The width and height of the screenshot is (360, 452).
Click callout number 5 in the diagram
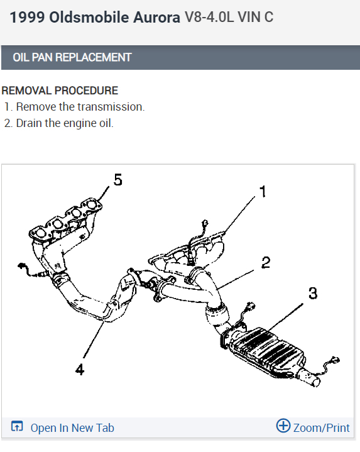point(118,180)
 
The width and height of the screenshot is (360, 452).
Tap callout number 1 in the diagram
point(263,191)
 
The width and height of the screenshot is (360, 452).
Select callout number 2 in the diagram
point(266,262)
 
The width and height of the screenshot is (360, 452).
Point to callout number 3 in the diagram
point(313,293)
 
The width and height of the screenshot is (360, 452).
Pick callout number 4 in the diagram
point(80,369)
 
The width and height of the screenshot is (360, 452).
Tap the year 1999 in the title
point(27,18)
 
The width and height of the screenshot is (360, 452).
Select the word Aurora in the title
point(156,18)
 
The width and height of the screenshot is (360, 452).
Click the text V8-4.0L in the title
point(209,17)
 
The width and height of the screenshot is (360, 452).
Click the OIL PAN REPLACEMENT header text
point(72,57)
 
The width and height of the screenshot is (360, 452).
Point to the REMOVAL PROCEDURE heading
point(60,91)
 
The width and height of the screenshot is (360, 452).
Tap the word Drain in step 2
point(29,123)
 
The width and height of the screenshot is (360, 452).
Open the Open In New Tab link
point(72,427)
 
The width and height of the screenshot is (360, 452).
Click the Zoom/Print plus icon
point(283,426)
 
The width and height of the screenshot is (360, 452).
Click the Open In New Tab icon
point(17,426)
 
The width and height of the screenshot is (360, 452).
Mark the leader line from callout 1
point(240,214)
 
